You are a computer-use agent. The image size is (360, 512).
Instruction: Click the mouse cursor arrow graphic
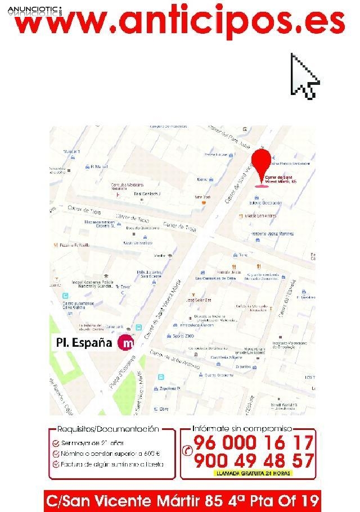tap(304, 76)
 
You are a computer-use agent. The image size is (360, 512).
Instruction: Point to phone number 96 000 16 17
tap(253, 443)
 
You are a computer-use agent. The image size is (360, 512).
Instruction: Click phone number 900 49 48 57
tap(253, 461)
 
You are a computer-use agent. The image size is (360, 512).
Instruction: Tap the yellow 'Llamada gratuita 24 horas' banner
tap(253, 473)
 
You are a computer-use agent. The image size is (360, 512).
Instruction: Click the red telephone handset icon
tap(188, 450)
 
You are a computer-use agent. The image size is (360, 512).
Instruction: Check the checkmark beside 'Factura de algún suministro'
tap(56, 464)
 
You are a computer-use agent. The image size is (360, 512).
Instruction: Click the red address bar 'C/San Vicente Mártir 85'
tap(183, 499)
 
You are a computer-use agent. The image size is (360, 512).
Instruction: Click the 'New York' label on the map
tap(202, 198)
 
